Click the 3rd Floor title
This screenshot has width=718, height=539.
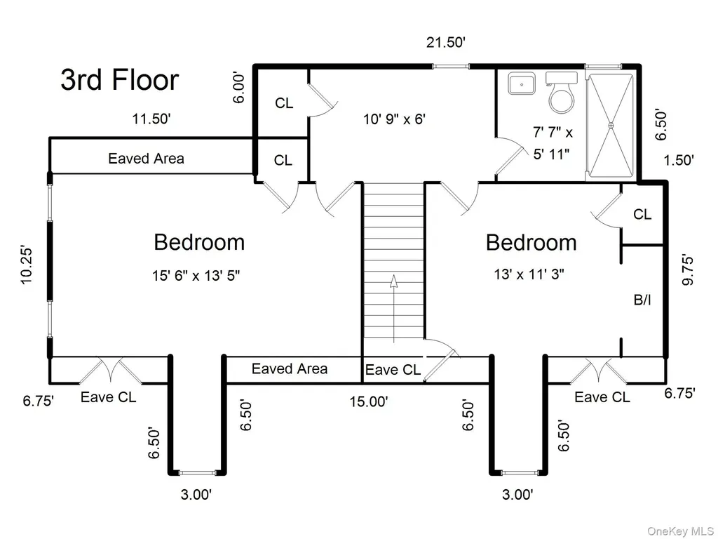(x=119, y=80)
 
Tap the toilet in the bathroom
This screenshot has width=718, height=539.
(x=562, y=93)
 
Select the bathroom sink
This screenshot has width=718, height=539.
(x=522, y=84)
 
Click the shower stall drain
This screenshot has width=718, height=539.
(x=611, y=125)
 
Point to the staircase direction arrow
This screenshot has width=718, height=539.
(x=393, y=309)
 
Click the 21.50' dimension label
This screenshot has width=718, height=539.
(x=446, y=43)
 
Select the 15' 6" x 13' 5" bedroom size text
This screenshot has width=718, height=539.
(x=196, y=275)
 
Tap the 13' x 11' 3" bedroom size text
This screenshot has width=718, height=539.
(x=529, y=274)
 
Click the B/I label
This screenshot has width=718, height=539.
(x=642, y=300)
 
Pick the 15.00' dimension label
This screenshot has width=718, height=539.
(x=369, y=401)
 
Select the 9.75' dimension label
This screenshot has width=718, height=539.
(x=688, y=270)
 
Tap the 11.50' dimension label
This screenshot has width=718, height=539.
(x=151, y=119)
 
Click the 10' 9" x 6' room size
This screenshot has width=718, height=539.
(x=395, y=119)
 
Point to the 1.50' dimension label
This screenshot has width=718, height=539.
(x=679, y=161)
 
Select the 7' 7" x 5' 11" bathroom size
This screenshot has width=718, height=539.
(x=553, y=143)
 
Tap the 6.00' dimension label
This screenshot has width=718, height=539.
(x=239, y=87)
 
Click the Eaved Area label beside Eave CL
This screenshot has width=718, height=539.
(x=290, y=369)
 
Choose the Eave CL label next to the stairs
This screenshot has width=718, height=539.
(x=393, y=369)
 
